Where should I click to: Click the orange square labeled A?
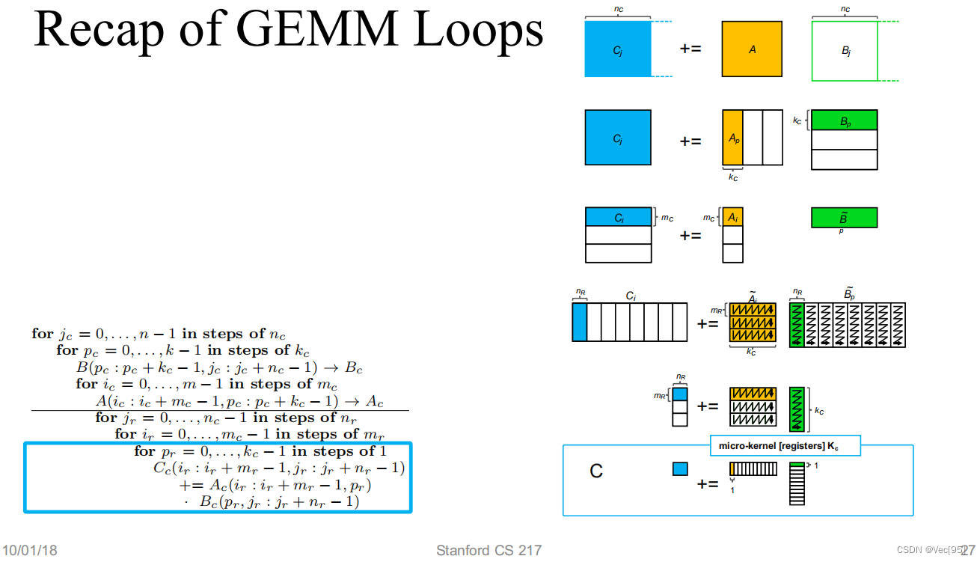coord(752,49)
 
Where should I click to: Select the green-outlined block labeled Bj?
coord(845,50)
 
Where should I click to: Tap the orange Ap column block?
coord(732,138)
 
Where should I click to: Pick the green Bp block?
coord(844,120)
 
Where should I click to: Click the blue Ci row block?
coord(618,217)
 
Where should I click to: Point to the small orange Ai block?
coord(732,217)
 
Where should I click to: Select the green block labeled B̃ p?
coord(844,218)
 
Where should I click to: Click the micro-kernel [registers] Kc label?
coord(784,446)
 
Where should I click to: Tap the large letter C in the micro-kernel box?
coord(596,471)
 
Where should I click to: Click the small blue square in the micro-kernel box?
coord(679,469)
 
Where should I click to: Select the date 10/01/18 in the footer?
coord(28,551)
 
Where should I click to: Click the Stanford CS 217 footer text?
coord(488,551)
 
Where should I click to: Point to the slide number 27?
coord(968,549)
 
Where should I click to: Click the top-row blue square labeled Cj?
coord(618,49)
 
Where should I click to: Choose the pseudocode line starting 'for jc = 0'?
coord(159,334)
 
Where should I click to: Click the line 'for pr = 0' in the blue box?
coord(260,451)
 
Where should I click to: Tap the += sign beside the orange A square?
coord(690,49)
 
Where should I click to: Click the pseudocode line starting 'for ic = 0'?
coord(206,384)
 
